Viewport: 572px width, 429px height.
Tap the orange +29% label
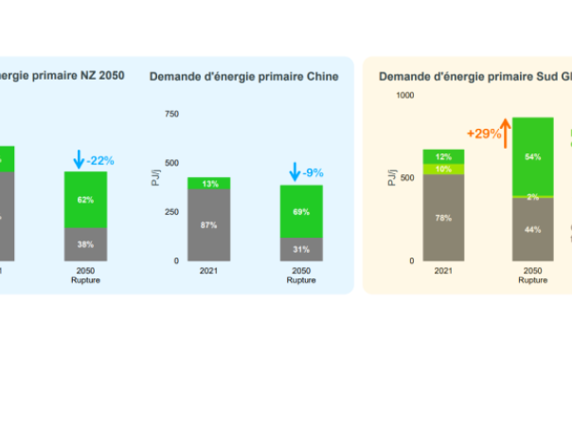coord(483,134)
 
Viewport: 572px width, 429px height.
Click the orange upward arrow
coord(507,134)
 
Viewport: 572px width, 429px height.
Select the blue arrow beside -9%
coord(295,172)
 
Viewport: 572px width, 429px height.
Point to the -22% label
coord(99,161)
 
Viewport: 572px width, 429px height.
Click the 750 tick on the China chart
coord(171,114)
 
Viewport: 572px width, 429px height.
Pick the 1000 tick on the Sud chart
coord(405,96)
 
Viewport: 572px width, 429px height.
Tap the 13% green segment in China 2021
coord(209,183)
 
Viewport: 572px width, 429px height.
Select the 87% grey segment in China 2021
coord(209,224)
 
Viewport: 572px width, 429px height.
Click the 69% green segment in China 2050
coord(301,211)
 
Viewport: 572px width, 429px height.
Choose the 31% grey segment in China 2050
coord(301,249)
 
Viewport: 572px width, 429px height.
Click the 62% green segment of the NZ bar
coord(86,200)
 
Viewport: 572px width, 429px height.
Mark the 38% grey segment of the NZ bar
coord(86,244)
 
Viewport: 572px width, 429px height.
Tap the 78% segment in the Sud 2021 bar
coord(443,218)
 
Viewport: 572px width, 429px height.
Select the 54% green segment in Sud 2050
coord(533,156)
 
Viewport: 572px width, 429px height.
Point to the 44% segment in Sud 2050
coord(533,229)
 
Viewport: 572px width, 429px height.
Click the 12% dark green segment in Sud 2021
coord(443,156)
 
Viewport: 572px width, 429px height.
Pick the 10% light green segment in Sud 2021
coord(443,169)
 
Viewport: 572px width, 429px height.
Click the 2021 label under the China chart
coord(209,271)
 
